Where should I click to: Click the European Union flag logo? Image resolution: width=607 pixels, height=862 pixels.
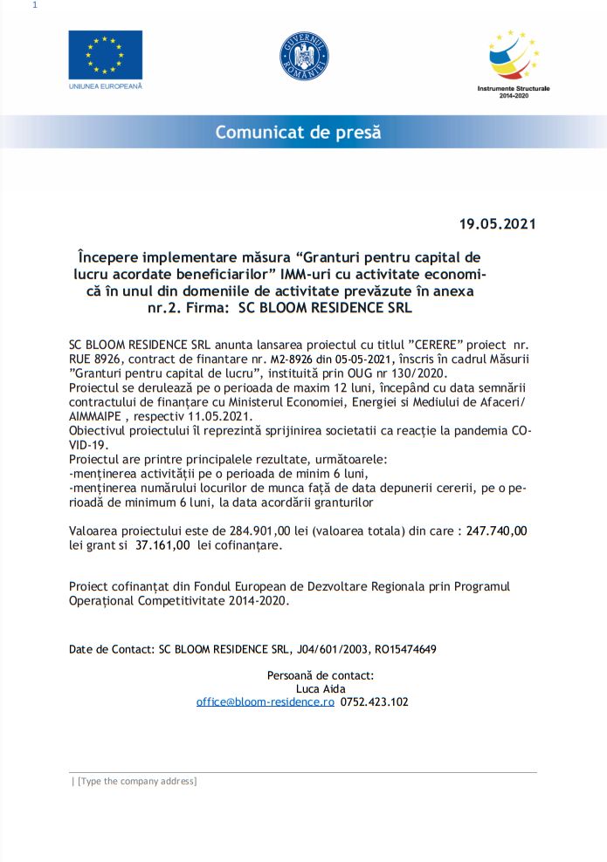pyautogui.click(x=105, y=55)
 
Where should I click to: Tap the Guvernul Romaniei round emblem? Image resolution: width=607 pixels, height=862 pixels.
pyautogui.click(x=304, y=54)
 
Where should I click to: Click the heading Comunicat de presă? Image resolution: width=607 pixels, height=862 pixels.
pyautogui.click(x=298, y=133)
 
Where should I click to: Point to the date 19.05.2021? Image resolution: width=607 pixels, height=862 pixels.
pyautogui.click(x=497, y=223)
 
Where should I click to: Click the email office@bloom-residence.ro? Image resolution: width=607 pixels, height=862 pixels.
pyautogui.click(x=266, y=701)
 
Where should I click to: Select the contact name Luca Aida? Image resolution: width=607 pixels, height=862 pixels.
pyautogui.click(x=320, y=688)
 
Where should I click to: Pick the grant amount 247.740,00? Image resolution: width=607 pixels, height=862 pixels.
pyautogui.click(x=496, y=530)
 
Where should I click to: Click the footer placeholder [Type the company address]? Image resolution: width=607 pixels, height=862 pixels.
pyautogui.click(x=137, y=781)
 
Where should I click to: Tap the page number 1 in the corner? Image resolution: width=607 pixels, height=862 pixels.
pyautogui.click(x=34, y=6)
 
